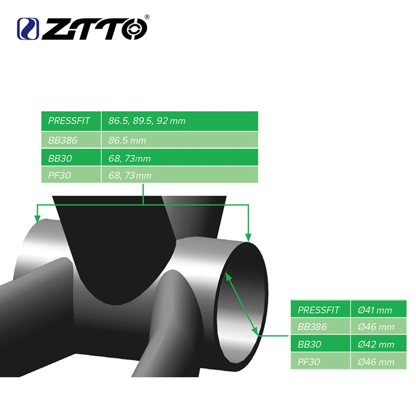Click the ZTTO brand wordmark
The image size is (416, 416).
(95, 29)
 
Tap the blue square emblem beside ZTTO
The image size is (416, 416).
(28, 29)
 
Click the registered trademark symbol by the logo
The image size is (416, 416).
(147, 17)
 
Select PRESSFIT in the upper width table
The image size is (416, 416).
(69, 121)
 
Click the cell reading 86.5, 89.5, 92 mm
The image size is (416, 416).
(147, 121)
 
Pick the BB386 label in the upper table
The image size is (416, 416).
(63, 140)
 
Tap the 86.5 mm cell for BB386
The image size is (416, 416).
(127, 140)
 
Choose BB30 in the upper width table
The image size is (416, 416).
(60, 158)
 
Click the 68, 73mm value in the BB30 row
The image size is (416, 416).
(129, 158)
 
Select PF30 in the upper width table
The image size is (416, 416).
(60, 175)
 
